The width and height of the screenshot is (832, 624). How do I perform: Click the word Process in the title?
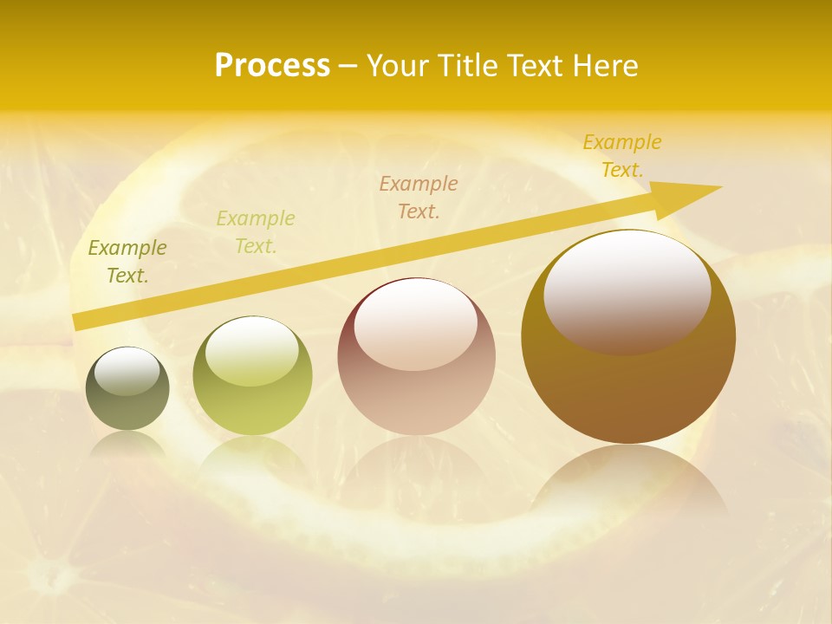[272, 66]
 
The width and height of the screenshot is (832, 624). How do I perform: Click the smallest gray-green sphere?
[127, 389]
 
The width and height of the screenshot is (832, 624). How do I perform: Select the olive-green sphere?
[252, 376]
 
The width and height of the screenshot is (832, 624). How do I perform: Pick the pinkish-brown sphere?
[416, 357]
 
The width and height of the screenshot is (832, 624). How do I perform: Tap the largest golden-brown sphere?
[628, 338]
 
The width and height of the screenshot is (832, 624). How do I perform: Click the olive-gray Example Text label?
[127, 262]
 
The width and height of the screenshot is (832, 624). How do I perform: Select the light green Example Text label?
[256, 232]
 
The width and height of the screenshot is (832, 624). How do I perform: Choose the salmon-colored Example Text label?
[419, 197]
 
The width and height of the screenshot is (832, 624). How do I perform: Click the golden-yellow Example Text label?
[622, 156]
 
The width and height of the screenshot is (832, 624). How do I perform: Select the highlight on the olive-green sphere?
[253, 348]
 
